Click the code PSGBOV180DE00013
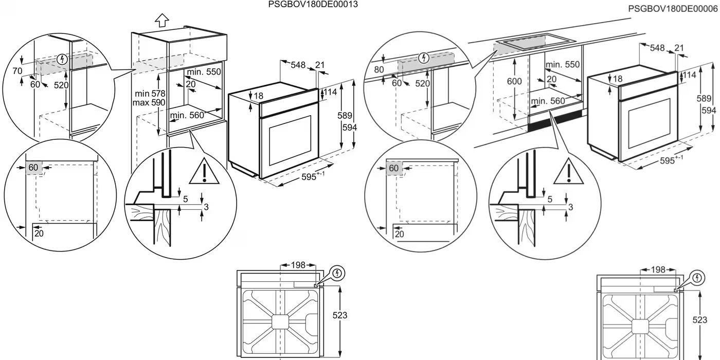click(x=313, y=5)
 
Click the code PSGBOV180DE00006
click(x=673, y=9)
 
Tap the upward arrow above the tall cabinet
click(x=162, y=20)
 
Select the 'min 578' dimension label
click(x=150, y=93)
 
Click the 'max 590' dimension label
click(x=150, y=102)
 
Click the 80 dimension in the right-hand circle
click(x=379, y=69)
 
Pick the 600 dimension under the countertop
click(x=514, y=81)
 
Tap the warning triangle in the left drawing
click(x=204, y=172)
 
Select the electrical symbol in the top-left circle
click(x=63, y=59)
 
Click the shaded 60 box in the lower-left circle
click(x=33, y=168)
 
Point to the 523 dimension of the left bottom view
click(x=340, y=315)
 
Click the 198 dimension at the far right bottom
click(x=659, y=269)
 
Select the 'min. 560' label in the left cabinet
click(x=187, y=116)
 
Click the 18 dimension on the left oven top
click(x=258, y=96)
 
